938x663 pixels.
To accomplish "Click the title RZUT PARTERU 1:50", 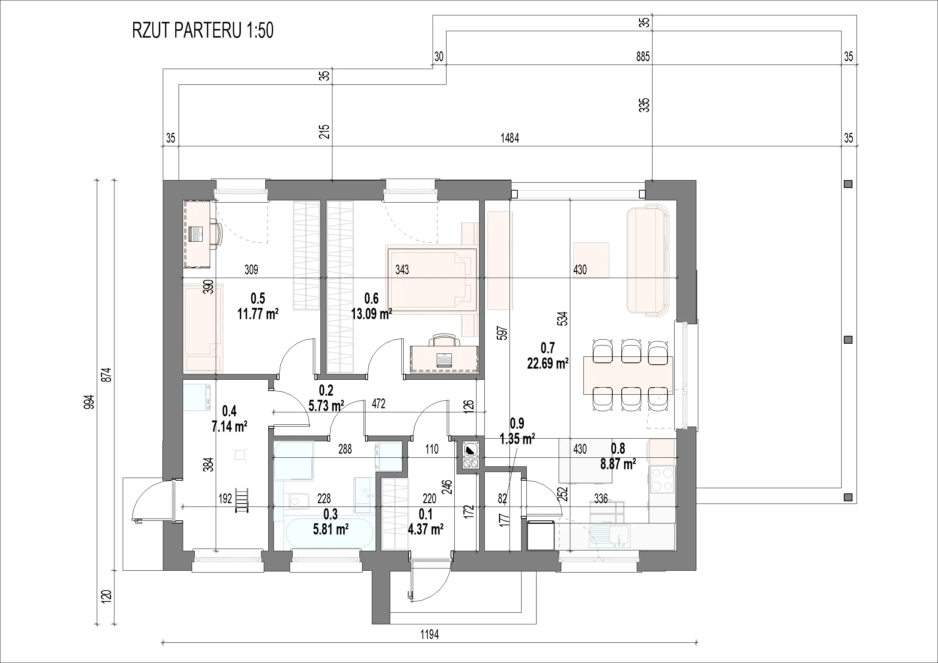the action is [203, 31].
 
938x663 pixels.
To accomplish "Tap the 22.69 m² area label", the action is [548, 363].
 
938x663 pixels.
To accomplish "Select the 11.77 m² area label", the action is [258, 314].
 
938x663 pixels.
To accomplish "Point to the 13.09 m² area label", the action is [372, 314].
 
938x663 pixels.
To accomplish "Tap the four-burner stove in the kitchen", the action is [662, 479].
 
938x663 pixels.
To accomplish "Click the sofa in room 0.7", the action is [648, 260].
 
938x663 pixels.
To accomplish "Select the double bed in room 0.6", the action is [431, 280].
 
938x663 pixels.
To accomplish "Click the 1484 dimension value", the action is [510, 138].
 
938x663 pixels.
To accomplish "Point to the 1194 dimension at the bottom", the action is [429, 634].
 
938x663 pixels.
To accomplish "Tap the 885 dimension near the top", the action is [643, 56].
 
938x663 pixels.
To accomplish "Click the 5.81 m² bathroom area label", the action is [331, 529].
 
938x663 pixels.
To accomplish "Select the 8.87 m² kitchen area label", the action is [618, 464].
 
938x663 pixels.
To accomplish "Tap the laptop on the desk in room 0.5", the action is [197, 233].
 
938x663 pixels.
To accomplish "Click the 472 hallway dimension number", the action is [378, 404].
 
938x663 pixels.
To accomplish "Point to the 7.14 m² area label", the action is [229, 427].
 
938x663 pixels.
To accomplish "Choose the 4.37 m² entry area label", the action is [426, 529].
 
